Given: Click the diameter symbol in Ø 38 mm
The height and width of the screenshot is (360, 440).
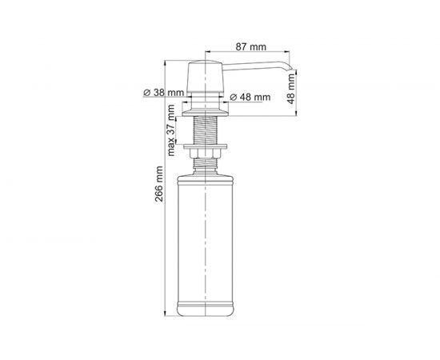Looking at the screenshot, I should (x=147, y=93).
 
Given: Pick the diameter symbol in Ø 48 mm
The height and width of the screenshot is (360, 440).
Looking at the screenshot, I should (x=233, y=97).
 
